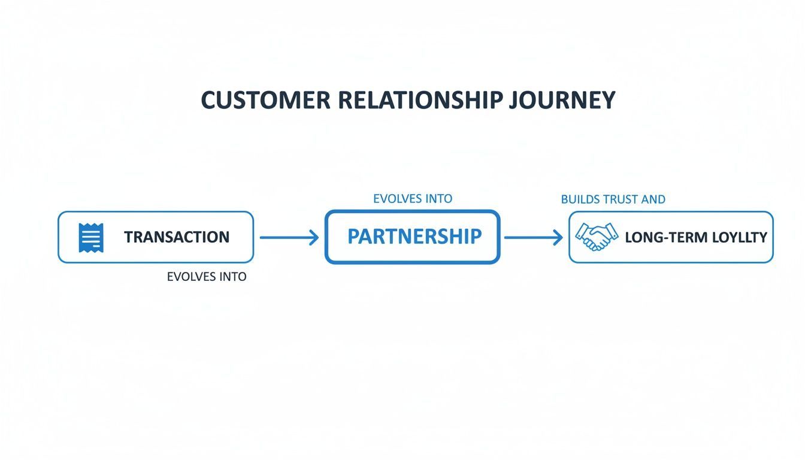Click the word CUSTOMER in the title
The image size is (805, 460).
click(x=265, y=100)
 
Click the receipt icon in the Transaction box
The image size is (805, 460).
click(x=91, y=237)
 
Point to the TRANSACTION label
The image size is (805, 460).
click(x=177, y=237)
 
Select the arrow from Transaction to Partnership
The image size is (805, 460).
click(x=289, y=238)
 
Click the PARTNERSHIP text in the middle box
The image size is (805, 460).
click(x=414, y=237)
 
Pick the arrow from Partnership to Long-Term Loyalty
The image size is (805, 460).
click(x=533, y=238)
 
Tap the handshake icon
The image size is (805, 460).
click(x=596, y=237)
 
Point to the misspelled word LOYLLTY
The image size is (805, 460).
click(x=740, y=237)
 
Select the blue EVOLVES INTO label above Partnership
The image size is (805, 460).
click(x=413, y=198)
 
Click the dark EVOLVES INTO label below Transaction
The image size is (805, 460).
click(x=207, y=277)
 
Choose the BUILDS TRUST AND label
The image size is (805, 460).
click(x=613, y=199)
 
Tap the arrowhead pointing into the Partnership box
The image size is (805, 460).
click(x=313, y=238)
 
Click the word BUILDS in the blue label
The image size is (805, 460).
click(x=580, y=199)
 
